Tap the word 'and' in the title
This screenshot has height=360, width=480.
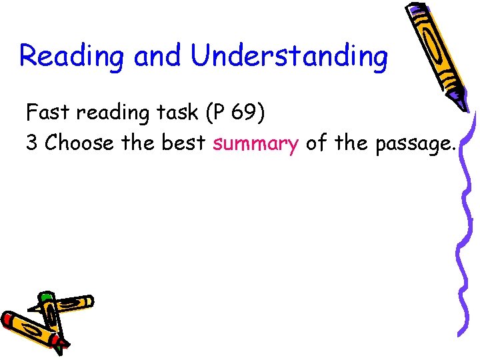[157, 56]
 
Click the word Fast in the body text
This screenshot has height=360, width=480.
[49, 113]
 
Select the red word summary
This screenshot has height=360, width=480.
[255, 143]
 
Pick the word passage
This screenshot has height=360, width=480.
[410, 144]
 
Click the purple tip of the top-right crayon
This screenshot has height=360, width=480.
[462, 100]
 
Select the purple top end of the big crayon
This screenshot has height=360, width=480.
[415, 10]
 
